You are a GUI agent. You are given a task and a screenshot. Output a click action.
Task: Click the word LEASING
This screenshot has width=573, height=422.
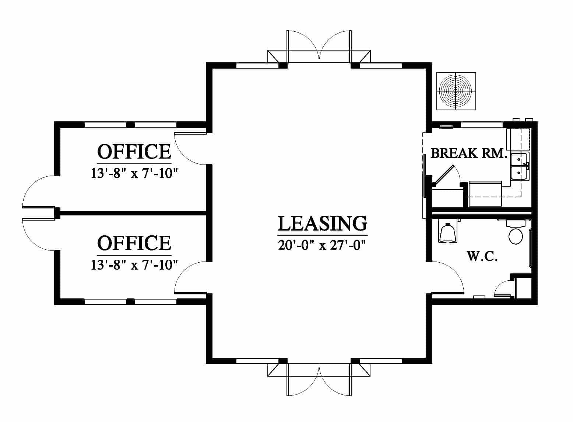click(x=322, y=224)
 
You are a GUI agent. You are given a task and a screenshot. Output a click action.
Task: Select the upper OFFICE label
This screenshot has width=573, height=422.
click(x=134, y=152)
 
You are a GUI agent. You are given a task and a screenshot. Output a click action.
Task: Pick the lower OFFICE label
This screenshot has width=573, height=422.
click(x=134, y=243)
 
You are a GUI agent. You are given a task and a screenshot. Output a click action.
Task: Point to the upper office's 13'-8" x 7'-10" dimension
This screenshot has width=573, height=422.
click(x=134, y=173)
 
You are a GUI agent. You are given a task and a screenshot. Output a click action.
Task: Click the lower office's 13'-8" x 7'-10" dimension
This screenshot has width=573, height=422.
click(x=134, y=265)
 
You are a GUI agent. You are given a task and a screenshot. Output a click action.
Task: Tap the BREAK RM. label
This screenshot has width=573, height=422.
click(x=469, y=153)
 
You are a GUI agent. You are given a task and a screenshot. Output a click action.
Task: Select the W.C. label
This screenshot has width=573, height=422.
click(x=482, y=256)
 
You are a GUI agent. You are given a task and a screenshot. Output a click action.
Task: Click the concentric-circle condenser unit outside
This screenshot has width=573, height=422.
click(x=456, y=91)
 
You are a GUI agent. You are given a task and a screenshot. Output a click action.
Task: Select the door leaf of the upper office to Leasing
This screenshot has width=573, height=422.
click(x=190, y=133)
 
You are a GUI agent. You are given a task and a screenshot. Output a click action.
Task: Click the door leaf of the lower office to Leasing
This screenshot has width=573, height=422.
click(x=190, y=293)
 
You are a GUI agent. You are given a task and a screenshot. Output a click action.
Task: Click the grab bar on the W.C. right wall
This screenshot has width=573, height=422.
click(x=530, y=248)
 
